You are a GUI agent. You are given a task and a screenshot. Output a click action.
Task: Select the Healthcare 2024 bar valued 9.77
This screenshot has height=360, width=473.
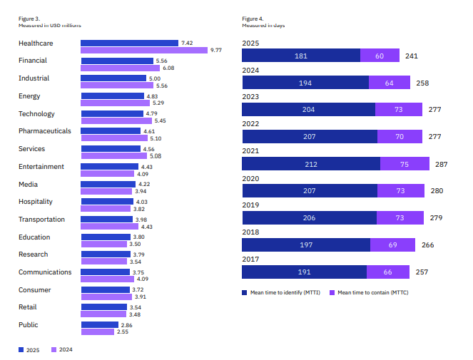pos(143,51)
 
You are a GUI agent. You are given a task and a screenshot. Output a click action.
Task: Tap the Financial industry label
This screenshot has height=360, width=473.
pos(33,61)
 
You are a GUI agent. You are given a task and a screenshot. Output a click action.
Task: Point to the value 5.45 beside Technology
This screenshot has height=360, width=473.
pos(161,120)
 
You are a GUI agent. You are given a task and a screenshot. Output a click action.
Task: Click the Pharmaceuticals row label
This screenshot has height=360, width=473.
pos(45,131)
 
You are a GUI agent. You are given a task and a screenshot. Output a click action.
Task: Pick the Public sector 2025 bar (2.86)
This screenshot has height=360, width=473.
pos(99,324)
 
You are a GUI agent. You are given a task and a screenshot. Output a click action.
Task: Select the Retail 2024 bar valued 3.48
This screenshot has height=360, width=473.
pos(103,314)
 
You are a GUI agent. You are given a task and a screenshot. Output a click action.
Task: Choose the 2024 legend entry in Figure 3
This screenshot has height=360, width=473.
pos(62,349)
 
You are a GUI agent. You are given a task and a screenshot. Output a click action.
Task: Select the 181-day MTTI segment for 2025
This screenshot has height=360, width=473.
pos(300,56)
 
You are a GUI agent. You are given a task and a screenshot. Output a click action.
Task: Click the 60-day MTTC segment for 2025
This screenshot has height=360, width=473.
pos(380,56)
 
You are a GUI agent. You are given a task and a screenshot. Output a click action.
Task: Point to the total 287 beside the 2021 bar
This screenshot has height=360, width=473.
pos(441,164)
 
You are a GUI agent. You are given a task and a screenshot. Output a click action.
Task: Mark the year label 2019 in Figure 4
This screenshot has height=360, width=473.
pos(251,205)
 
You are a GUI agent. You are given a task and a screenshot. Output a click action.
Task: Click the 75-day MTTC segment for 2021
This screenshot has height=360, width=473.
pos(405,164)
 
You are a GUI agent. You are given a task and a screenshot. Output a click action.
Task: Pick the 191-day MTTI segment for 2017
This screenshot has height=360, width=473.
pos(304,272)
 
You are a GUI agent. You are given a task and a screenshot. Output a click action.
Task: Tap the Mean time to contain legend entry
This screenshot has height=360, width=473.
pos(369,292)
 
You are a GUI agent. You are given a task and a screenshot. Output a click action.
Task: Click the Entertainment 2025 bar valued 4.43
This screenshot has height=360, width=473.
pos(109,166)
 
